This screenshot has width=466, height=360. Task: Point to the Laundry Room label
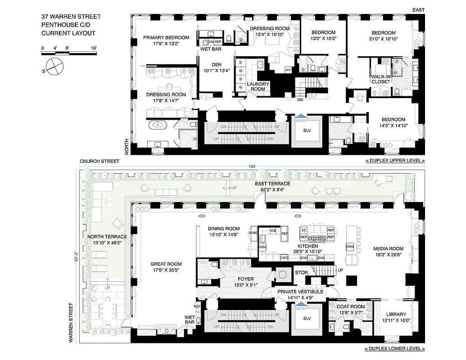tap(258, 86)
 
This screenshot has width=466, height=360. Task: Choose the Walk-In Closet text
tap(380, 79)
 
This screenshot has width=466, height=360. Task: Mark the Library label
tap(396, 317)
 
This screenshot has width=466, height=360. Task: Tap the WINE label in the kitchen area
tap(253, 234)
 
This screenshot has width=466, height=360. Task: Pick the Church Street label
tap(99, 161)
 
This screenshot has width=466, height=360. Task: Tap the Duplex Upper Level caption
tap(395, 161)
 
